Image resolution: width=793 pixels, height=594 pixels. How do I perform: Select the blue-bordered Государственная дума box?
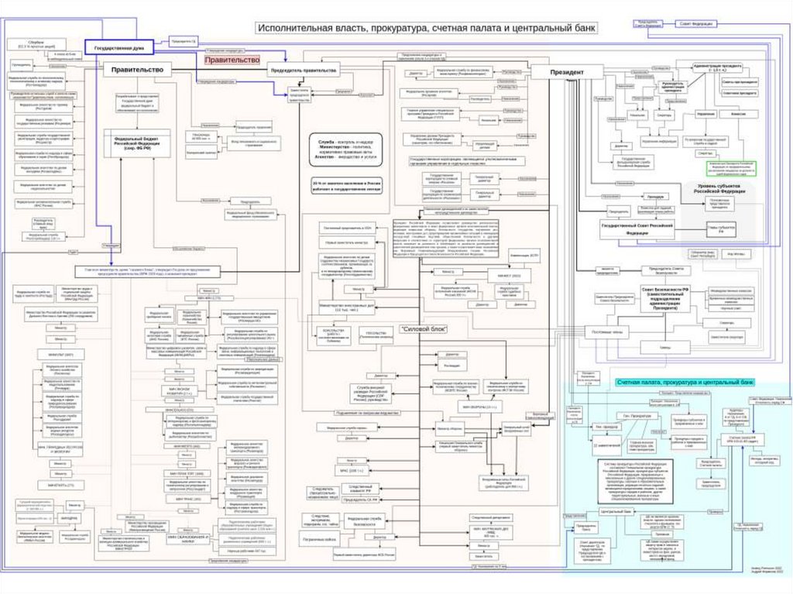click(118, 48)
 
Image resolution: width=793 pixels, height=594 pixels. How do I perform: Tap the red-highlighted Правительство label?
click(232, 60)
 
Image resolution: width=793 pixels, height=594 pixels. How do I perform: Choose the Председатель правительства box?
click(303, 70)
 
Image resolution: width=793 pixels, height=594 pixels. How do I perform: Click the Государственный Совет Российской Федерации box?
click(637, 228)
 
